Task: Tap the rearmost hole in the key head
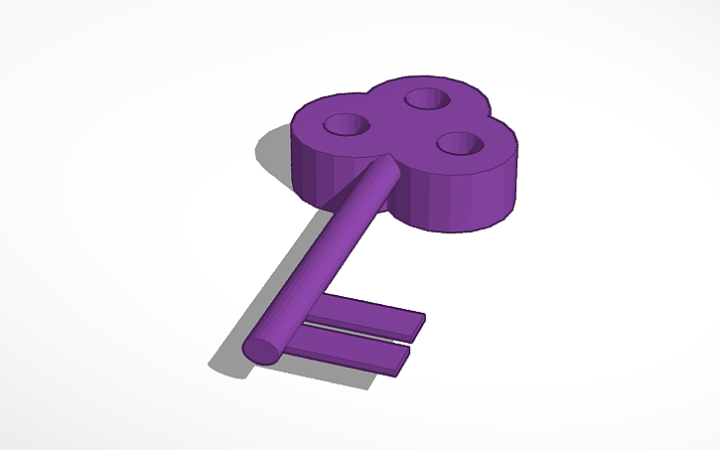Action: (x=425, y=98)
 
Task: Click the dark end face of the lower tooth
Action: (x=402, y=359)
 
